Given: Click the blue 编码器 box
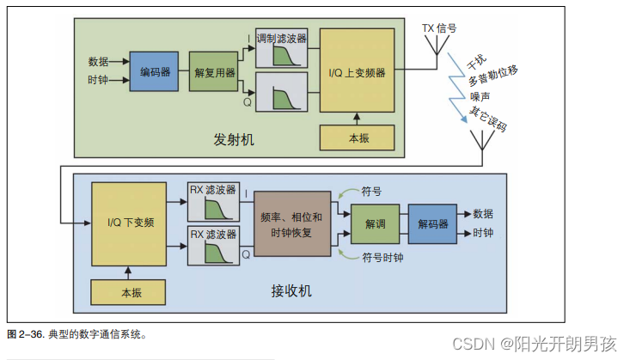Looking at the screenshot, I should [152, 71].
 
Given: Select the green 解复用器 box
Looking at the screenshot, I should [212, 73].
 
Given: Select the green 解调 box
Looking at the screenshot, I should [376, 223].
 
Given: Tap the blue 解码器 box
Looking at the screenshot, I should [433, 223].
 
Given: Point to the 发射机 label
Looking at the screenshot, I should [235, 138].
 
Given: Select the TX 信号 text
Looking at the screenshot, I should [439, 28].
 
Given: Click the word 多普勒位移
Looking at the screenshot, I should [492, 79].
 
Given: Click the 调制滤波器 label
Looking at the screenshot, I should [280, 39].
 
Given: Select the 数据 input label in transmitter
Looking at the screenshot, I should [98, 61].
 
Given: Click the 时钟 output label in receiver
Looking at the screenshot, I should [483, 234].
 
